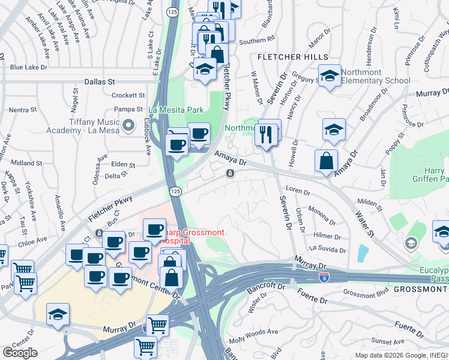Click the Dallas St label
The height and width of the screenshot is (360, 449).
[x=99, y=81]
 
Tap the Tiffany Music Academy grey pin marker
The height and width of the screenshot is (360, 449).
[x=128, y=125]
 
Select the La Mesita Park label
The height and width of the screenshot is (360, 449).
[x=176, y=110]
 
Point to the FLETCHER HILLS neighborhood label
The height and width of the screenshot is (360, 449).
[x=293, y=57]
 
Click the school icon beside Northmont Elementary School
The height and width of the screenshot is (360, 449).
[x=330, y=76]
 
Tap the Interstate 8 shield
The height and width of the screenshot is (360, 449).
[x=323, y=277]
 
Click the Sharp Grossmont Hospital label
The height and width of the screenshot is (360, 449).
[x=170, y=236]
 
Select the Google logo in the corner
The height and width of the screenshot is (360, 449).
[x=20, y=353]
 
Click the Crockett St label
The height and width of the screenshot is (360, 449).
[x=128, y=95]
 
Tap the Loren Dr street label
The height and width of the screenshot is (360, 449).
[x=298, y=193]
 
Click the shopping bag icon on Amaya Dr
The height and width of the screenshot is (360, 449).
[x=326, y=161]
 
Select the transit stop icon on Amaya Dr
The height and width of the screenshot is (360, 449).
[x=230, y=173]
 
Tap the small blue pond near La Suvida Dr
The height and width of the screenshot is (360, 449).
[x=363, y=254]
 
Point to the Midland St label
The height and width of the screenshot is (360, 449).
[x=26, y=163]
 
